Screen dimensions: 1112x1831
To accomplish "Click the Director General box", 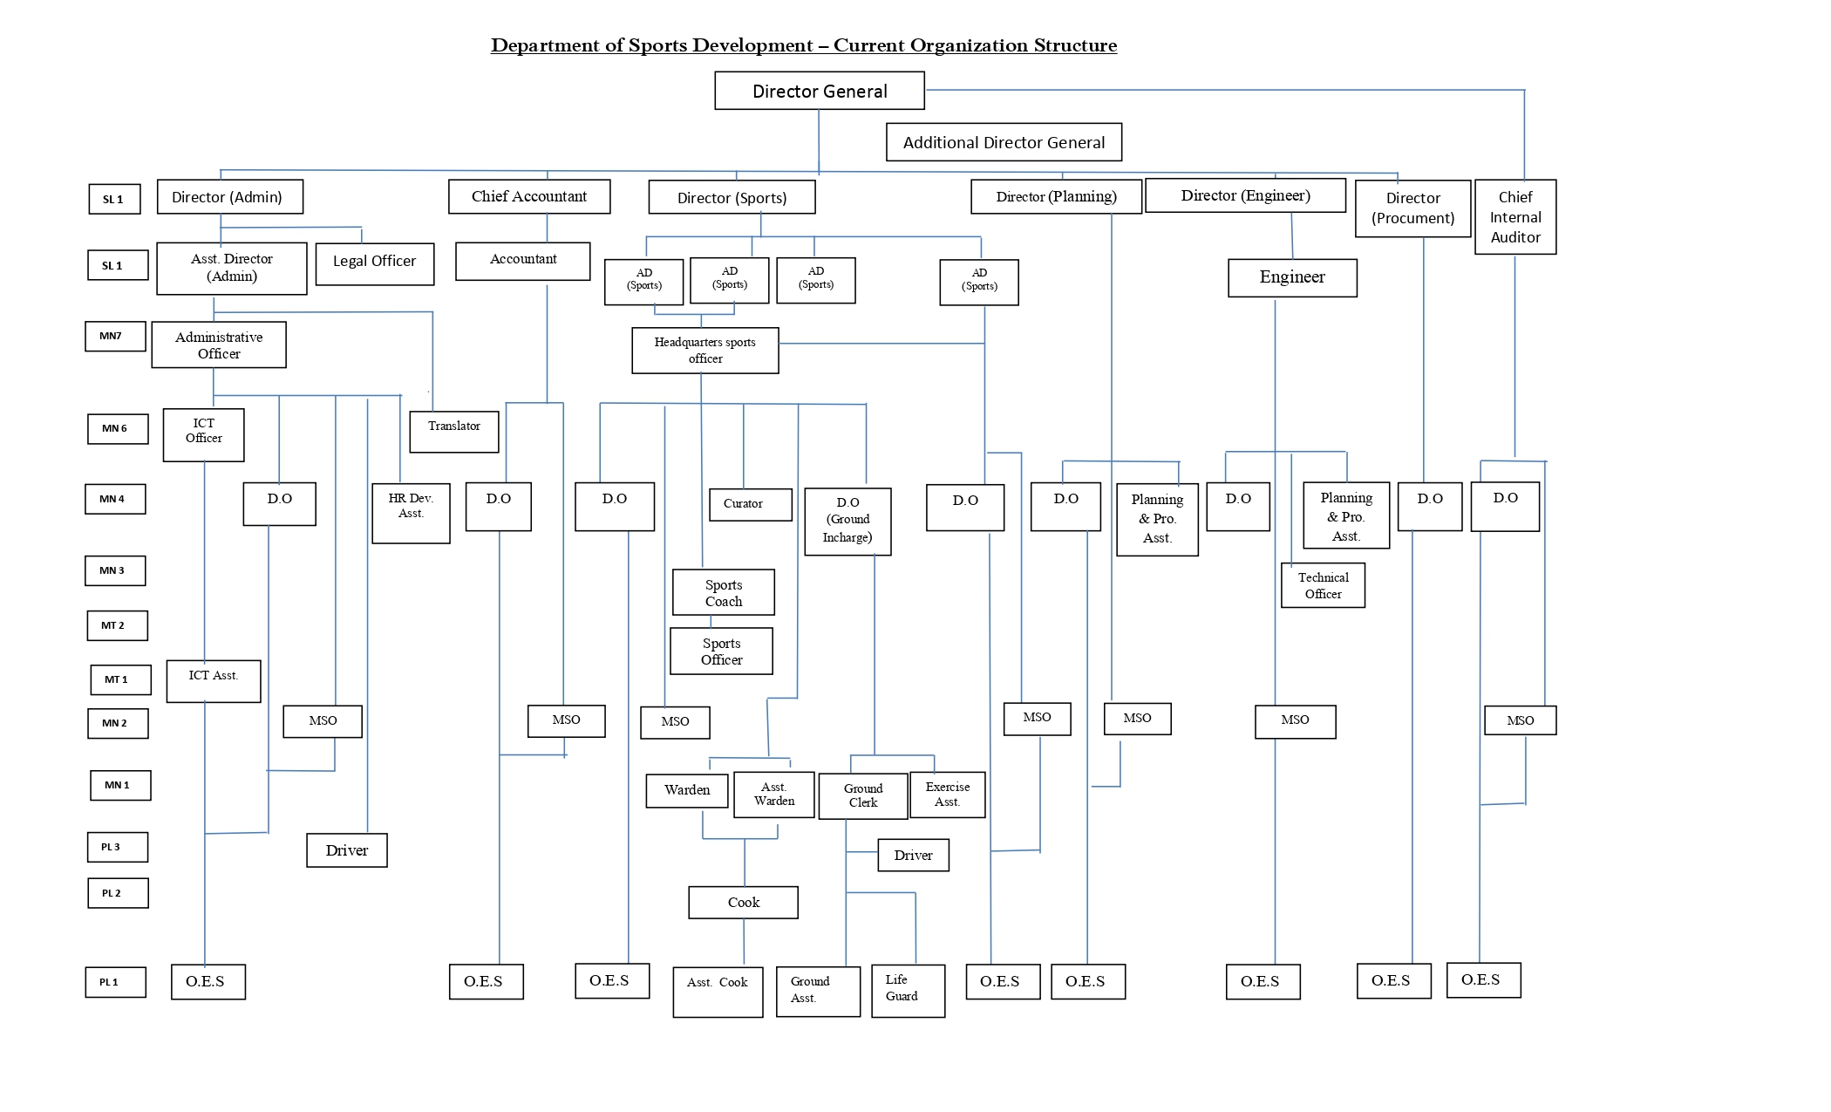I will coord(819,91).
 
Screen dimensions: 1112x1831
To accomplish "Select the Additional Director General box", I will coord(1004,142).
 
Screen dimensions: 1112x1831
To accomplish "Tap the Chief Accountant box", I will coord(529,196).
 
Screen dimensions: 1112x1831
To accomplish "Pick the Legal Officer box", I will coord(374,263).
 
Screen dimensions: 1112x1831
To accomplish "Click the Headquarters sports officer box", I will coord(704,351).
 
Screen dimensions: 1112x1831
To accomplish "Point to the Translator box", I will coord(453,431).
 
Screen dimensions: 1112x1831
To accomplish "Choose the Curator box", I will coord(750,504).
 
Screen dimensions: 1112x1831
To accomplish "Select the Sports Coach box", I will coord(723,592).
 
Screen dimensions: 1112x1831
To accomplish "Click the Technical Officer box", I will coord(1322,585).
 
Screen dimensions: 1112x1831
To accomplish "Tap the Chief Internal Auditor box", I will coord(1514,217).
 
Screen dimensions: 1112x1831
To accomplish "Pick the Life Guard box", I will coord(908,990).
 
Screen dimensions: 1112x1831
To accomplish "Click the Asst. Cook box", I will coord(718,991).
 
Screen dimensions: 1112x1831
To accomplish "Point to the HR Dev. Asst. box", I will coord(411,513).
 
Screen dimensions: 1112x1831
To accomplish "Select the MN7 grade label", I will coord(115,337).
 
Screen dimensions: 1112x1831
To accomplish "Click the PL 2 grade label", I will coord(118,893).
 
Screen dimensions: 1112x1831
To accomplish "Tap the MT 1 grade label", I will coord(120,679).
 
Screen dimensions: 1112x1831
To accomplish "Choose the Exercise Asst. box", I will coord(947,795).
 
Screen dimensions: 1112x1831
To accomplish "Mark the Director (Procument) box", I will coord(1412,208).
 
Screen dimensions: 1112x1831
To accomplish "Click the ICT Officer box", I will coord(203,434).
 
